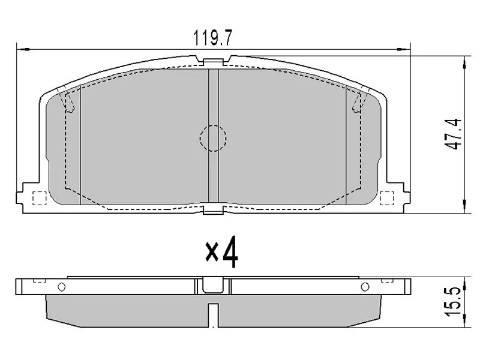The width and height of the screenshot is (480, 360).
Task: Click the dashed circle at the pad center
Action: (212, 137)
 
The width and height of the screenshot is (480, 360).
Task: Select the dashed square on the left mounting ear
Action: (38, 197)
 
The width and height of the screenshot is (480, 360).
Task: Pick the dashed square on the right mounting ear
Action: (388, 197)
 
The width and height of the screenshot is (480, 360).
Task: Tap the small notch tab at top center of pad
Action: (212, 61)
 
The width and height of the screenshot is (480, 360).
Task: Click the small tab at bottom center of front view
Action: (212, 209)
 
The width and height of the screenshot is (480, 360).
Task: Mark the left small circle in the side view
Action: (61, 286)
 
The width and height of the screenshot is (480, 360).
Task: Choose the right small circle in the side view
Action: (364, 286)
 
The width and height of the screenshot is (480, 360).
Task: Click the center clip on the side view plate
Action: (212, 285)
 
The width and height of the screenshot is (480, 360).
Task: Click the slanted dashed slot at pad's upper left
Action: (69, 101)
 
